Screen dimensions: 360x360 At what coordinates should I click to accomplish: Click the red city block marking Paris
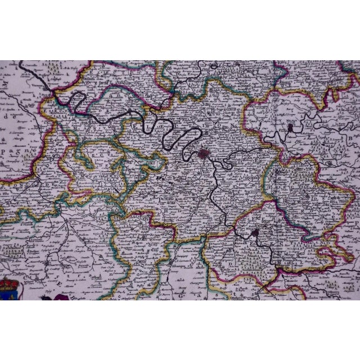click(x=204, y=153)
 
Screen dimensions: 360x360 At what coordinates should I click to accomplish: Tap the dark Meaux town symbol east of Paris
click(x=289, y=130)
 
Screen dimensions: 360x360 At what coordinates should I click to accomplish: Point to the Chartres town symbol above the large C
click(x=172, y=262)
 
